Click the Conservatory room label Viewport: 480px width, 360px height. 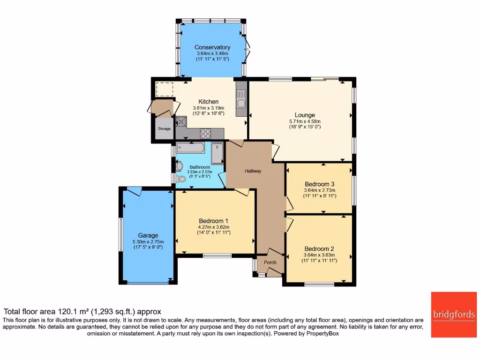[212, 47]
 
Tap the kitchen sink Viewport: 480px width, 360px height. [241, 104]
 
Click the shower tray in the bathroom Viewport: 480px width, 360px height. [217, 153]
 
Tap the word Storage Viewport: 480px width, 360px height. [164, 128]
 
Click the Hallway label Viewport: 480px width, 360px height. [253, 171]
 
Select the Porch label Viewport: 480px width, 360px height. [270, 262]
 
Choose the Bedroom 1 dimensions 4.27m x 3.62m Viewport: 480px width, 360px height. [214, 227]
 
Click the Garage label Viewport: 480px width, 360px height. [148, 235]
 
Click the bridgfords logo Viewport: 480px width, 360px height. [453, 315]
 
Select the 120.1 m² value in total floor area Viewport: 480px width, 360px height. [73, 312]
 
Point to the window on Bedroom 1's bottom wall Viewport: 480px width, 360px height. [217, 255]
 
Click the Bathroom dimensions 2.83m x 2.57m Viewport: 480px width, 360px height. [200, 172]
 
